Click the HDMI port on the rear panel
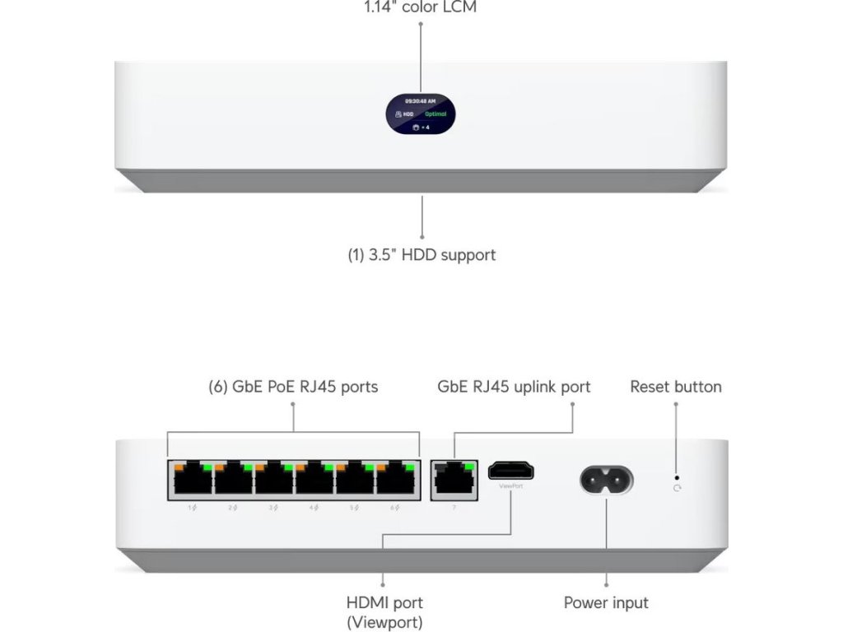511,472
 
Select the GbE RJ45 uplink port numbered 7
454,480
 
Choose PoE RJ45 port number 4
314,480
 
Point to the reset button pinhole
677,476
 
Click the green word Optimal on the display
435,115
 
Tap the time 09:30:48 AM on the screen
421,100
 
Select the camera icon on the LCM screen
415,128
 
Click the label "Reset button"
676,387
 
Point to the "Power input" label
606,603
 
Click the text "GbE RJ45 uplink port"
514,387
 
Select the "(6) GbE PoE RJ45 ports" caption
293,387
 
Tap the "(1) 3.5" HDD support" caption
421,255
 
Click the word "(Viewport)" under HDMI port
384,622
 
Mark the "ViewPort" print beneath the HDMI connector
510,486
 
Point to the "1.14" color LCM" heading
421,7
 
